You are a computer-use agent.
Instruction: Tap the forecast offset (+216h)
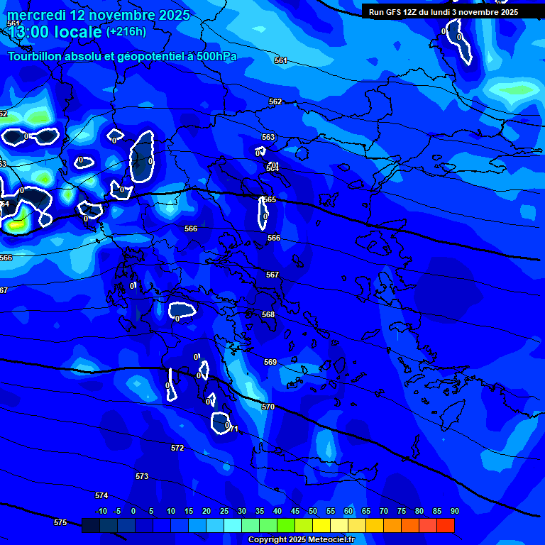click(x=126, y=31)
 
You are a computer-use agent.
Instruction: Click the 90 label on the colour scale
click(x=454, y=512)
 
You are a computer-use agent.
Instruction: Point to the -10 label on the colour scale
click(x=101, y=512)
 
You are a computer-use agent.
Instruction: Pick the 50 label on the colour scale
click(x=312, y=512)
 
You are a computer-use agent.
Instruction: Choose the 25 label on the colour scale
click(x=224, y=512)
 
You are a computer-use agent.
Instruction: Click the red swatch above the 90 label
click(x=445, y=525)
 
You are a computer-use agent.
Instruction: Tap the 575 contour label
click(x=60, y=522)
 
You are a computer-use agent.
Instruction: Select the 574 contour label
click(x=101, y=495)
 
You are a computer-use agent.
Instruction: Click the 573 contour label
click(x=142, y=476)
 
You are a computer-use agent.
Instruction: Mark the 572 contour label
click(x=177, y=448)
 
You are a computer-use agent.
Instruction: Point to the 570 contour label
click(x=268, y=407)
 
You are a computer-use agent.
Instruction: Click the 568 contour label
click(x=268, y=314)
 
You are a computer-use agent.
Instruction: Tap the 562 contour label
click(x=275, y=101)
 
